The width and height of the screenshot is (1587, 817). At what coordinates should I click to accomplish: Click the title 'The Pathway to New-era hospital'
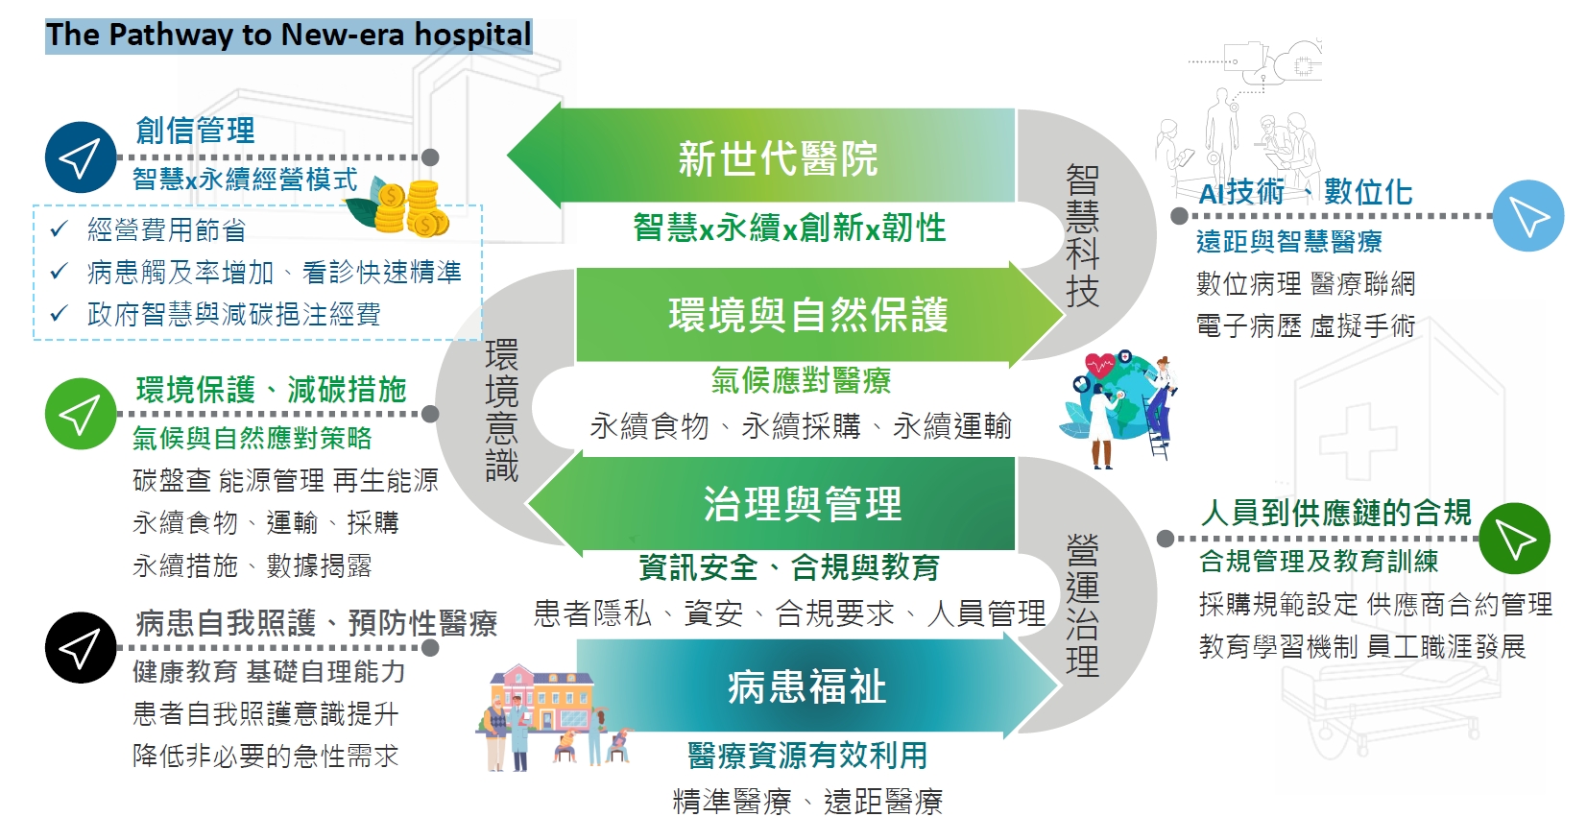[288, 36]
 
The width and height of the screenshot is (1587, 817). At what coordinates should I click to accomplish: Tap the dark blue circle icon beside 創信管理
[80, 157]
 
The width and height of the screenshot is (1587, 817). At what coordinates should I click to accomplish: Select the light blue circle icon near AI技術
[1528, 215]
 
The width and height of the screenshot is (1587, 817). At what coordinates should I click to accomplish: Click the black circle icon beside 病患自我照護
[80, 648]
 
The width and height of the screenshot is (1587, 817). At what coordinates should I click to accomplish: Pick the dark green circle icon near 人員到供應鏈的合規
[1515, 539]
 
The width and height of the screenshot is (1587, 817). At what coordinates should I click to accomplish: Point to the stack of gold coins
[413, 207]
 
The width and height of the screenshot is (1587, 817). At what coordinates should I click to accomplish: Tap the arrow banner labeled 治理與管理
[772, 504]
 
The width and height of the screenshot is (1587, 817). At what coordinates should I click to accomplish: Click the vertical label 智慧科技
[1083, 236]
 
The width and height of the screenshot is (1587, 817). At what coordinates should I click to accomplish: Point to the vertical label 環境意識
[501, 411]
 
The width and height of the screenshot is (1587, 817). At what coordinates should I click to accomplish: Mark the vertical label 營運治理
[1083, 606]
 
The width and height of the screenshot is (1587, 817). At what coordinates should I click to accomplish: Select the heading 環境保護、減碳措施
[272, 390]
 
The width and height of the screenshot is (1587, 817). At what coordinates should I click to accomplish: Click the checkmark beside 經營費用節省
[60, 228]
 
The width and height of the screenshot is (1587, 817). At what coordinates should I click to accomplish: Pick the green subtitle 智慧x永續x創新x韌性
[789, 228]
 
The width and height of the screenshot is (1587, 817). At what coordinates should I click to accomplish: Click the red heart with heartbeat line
[1099, 366]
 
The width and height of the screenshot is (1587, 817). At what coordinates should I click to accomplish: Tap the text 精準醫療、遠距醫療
[807, 802]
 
